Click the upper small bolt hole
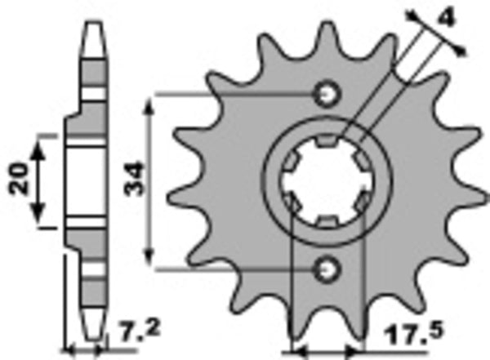(328, 95)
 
